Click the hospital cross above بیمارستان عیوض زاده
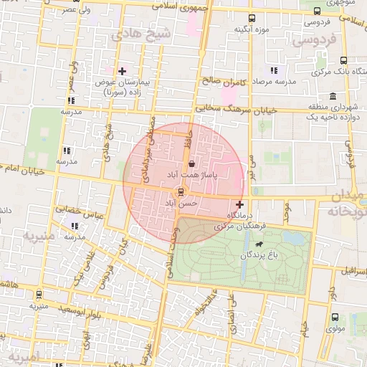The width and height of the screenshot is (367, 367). pyautogui.click(x=123, y=71)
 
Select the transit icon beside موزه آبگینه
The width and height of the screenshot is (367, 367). pyautogui.click(x=251, y=18)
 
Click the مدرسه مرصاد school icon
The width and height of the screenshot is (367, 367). pyautogui.click(x=273, y=70)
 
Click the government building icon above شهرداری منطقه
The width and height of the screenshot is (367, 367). pyautogui.click(x=333, y=96)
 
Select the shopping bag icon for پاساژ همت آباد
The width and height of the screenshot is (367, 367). pyautogui.click(x=190, y=164)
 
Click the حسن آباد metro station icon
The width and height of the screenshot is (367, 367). pyautogui.click(x=180, y=191)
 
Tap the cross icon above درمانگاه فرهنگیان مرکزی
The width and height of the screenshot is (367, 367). pyautogui.click(x=239, y=205)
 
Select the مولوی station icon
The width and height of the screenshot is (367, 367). pyautogui.click(x=335, y=318)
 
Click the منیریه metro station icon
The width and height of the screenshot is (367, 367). pyautogui.click(x=38, y=294)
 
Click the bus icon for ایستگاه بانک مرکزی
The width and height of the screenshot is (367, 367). pyautogui.click(x=344, y=61)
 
